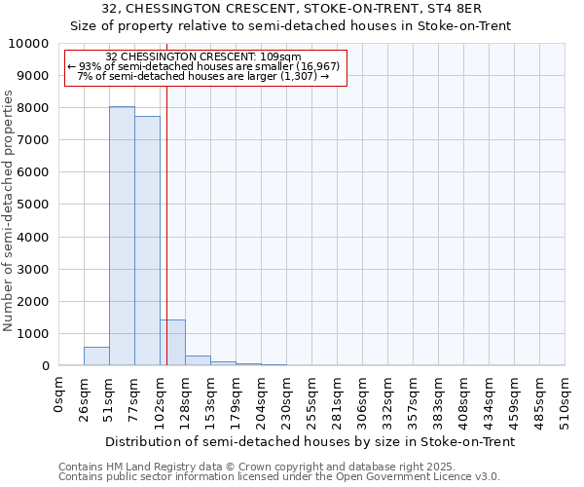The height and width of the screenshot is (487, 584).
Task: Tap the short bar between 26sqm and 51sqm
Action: click(x=96, y=356)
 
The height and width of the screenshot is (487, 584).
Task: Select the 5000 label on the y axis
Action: click(x=37, y=205)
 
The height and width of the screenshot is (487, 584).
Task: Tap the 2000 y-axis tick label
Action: click(x=37, y=301)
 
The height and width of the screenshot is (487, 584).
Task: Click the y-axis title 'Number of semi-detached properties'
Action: click(x=10, y=210)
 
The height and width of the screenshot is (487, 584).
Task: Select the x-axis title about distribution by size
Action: click(x=310, y=441)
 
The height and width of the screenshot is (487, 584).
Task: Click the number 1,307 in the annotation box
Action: click(x=301, y=76)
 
